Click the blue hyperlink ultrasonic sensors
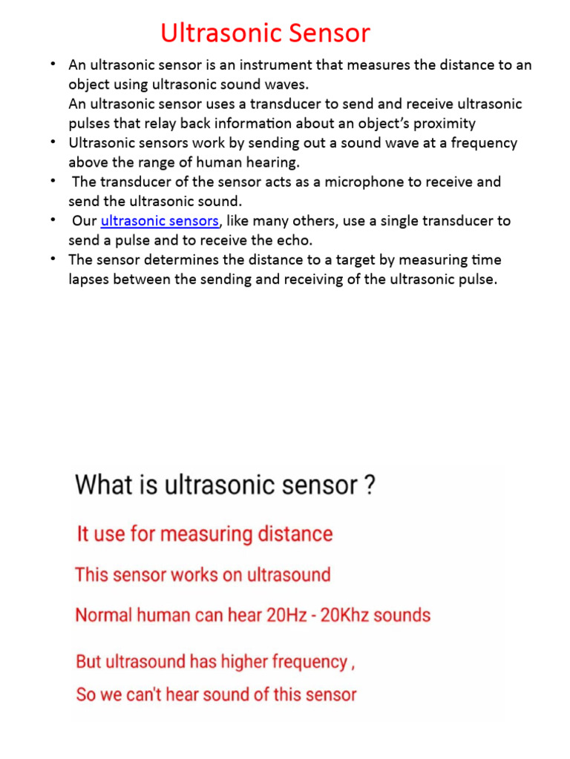click(160, 221)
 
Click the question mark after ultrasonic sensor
click(369, 485)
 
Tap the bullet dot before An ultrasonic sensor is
click(53, 64)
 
